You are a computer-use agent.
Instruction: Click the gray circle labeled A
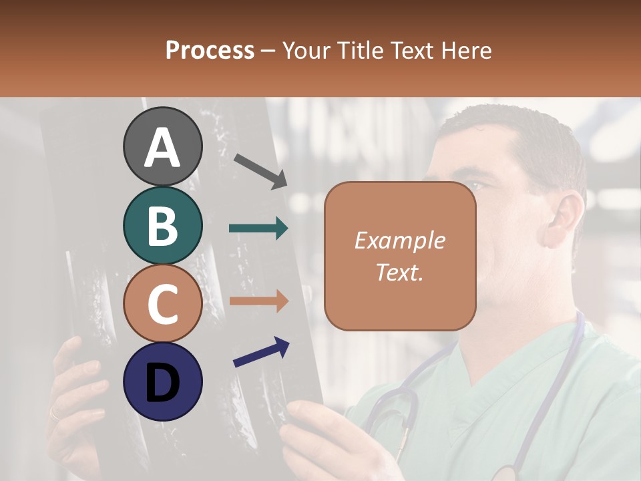coord(162,146)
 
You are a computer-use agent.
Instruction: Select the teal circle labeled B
coord(162,225)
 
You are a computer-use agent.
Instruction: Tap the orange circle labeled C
coord(162,304)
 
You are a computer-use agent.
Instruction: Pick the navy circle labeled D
coord(162,381)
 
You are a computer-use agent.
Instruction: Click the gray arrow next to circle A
coord(260,170)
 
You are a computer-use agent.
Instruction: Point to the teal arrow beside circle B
coord(258,228)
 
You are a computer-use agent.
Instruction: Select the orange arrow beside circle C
coord(258,301)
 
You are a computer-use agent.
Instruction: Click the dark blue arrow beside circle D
coord(261,352)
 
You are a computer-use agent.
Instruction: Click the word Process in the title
coord(210,50)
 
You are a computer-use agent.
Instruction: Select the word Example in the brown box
coord(399,240)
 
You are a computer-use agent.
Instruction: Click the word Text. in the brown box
coord(399,272)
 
